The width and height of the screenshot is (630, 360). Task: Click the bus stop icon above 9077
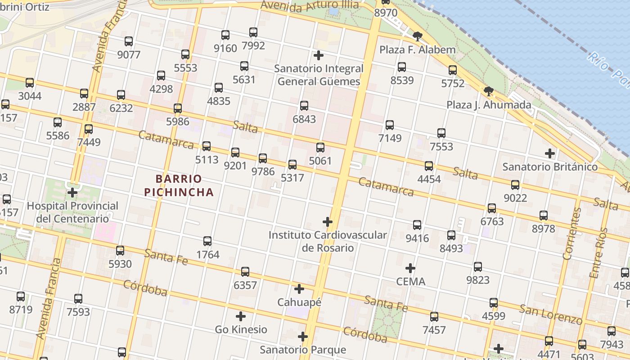pyautogui.click(x=129, y=41)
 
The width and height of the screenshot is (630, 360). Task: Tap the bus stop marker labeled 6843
pyautogui.click(x=304, y=106)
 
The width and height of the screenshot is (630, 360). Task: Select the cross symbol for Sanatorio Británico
pyautogui.click(x=549, y=153)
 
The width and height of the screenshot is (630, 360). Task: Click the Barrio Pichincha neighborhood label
pyautogui.click(x=179, y=185)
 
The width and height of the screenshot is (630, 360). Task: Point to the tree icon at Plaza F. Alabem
pyautogui.click(x=418, y=36)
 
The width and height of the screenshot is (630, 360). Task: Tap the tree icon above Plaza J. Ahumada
pyautogui.click(x=489, y=92)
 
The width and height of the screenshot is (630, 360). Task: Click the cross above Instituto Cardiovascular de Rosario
pyautogui.click(x=328, y=222)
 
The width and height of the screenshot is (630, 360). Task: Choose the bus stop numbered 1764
pyautogui.click(x=207, y=241)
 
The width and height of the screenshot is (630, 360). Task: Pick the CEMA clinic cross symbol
pyautogui.click(x=410, y=269)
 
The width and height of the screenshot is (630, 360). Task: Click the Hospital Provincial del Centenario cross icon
pyautogui.click(x=72, y=193)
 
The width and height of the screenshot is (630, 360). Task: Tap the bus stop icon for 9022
pyautogui.click(x=515, y=185)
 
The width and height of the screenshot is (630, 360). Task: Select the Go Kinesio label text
pyautogui.click(x=241, y=329)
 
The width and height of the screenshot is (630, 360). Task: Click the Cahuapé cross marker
pyautogui.click(x=299, y=289)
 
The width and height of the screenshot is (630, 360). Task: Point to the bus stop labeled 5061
pyautogui.click(x=320, y=148)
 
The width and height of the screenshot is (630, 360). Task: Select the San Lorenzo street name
pyautogui.click(x=551, y=314)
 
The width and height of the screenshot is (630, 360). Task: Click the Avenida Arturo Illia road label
pyautogui.click(x=310, y=5)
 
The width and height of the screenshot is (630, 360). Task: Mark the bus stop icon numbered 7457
pyautogui.click(x=434, y=317)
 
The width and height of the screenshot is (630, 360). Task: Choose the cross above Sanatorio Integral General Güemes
pyautogui.click(x=319, y=55)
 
